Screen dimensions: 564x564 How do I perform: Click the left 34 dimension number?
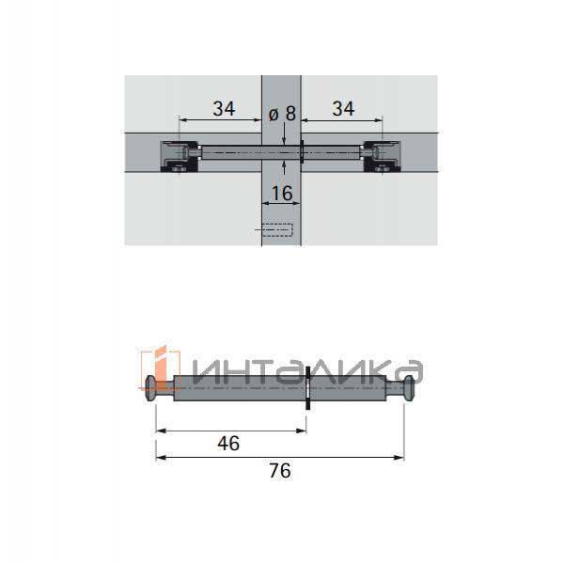(224, 109)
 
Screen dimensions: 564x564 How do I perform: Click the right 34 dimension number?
(343, 109)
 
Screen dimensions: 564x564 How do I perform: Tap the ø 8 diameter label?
(282, 114)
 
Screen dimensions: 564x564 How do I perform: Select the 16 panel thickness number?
(282, 193)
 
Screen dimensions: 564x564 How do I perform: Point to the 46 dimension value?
(228, 443)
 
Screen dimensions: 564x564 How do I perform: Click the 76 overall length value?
(280, 471)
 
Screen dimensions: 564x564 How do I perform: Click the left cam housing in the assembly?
(180, 156)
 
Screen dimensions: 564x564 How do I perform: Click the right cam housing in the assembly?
(382, 156)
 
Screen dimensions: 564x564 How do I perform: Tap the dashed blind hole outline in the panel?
(277, 229)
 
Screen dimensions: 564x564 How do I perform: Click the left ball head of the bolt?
(150, 388)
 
